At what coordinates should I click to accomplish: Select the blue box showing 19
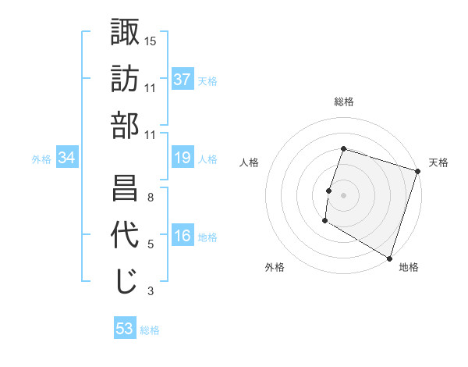183,159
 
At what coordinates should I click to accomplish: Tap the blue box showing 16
183,237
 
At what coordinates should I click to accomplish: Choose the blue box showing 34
67,159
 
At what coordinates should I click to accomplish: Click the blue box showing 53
125,329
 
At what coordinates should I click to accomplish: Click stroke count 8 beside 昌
151,197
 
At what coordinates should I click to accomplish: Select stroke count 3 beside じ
151,291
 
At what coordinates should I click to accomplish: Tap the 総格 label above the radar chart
344,102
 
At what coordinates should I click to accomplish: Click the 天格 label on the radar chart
438,162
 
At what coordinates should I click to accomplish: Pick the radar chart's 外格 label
275,267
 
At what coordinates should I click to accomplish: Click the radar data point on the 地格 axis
389,257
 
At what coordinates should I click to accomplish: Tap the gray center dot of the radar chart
343,194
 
